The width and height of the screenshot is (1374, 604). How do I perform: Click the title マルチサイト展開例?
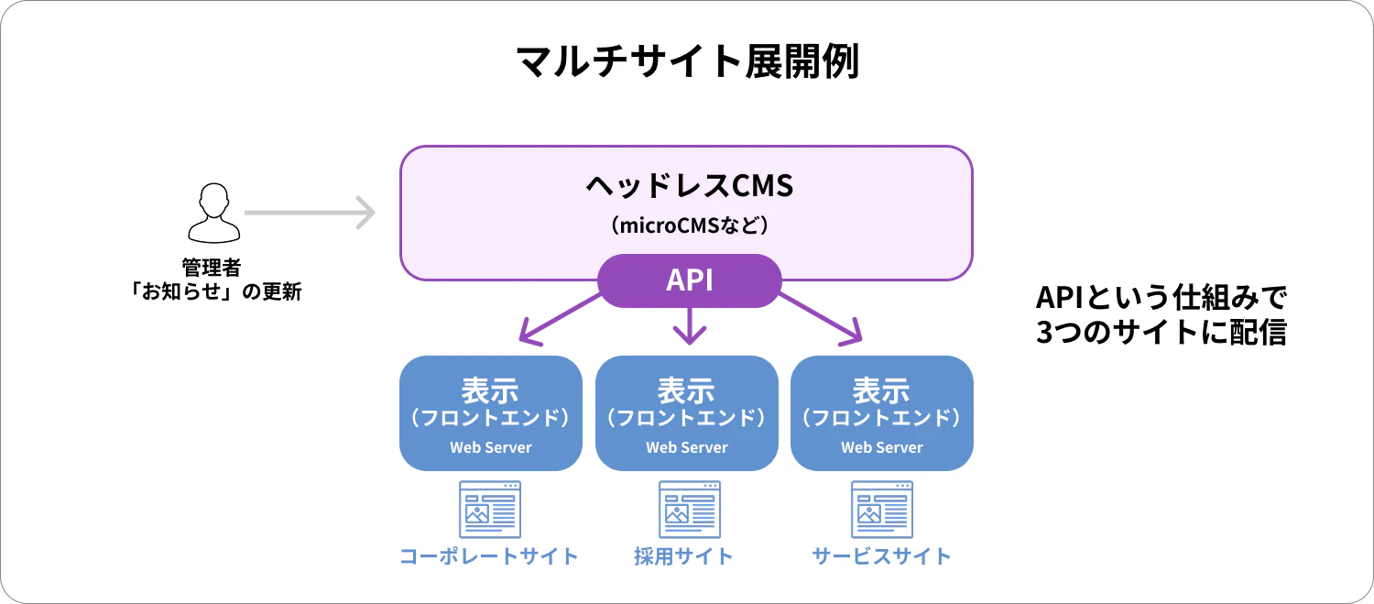pyautogui.click(x=687, y=61)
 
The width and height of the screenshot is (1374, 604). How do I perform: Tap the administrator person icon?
pyautogui.click(x=214, y=213)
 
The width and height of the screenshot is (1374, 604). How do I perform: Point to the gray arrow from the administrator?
pyautogui.click(x=310, y=213)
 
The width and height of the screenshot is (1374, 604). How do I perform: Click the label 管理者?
pyautogui.click(x=212, y=268)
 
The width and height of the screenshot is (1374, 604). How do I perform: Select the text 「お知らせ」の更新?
pyautogui.click(x=214, y=291)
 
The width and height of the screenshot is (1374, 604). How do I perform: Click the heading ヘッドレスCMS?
pyautogui.click(x=690, y=185)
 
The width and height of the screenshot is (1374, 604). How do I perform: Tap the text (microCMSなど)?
pyautogui.click(x=690, y=225)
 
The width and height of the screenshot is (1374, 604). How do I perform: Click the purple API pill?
pyautogui.click(x=690, y=280)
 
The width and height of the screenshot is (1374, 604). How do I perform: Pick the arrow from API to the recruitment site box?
pyautogui.click(x=690, y=325)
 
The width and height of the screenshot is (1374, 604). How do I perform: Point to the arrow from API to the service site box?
pyautogui.click(x=821, y=319)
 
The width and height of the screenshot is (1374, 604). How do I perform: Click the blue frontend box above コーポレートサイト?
pyautogui.click(x=491, y=413)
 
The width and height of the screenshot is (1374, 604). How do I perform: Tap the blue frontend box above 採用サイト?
pyautogui.click(x=687, y=413)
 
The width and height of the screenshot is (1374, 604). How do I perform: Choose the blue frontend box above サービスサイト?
pyautogui.click(x=882, y=413)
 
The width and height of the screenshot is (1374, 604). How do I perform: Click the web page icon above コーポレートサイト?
pyautogui.click(x=490, y=510)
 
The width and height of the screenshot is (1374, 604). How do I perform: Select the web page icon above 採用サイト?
pyautogui.click(x=690, y=510)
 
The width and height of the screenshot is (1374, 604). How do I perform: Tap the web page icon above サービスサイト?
pyautogui.click(x=882, y=510)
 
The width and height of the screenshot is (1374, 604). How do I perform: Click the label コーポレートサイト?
pyautogui.click(x=489, y=556)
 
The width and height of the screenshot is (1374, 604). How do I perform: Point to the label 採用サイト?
pyautogui.click(x=683, y=556)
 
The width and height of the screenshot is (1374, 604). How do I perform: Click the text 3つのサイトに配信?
pyautogui.click(x=1161, y=332)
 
